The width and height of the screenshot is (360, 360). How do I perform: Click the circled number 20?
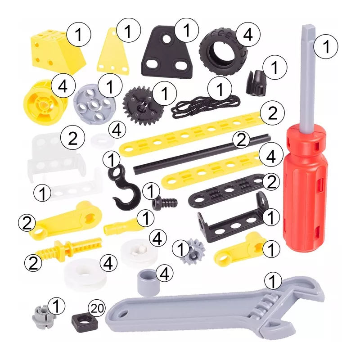coord(97,308)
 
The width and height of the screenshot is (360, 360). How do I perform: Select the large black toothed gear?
coord(143,106)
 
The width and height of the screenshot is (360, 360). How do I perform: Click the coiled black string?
coord(206,106)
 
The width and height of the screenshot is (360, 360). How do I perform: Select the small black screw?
coord(165,203)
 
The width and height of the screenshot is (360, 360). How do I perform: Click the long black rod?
coord(202,154)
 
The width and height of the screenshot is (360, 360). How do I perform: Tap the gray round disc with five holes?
coord(94,104)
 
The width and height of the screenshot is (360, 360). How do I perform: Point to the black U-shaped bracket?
coord(232,220)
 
